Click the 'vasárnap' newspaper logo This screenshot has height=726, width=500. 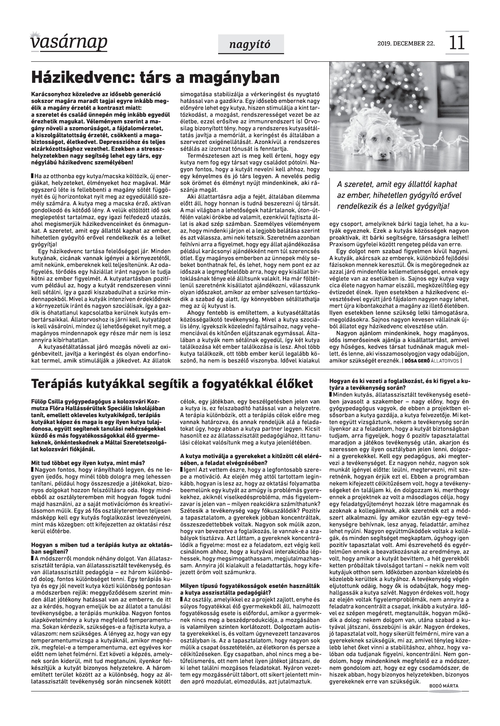69,42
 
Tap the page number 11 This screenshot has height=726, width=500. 457,43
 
